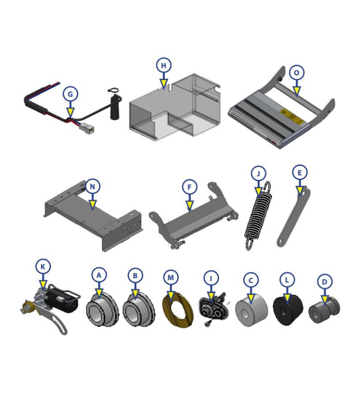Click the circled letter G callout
[x=70, y=94]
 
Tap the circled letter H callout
[x=164, y=65]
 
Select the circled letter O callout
[x=297, y=73]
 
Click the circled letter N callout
[x=92, y=187]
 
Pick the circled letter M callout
[x=171, y=278]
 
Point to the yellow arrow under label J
[x=258, y=192]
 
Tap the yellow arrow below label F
[x=189, y=205]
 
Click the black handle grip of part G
[x=115, y=107]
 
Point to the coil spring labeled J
[x=258, y=216]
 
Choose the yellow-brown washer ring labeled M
[x=178, y=310]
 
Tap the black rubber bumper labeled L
[x=288, y=309]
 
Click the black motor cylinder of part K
[x=63, y=300]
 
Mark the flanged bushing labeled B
[x=138, y=309]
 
